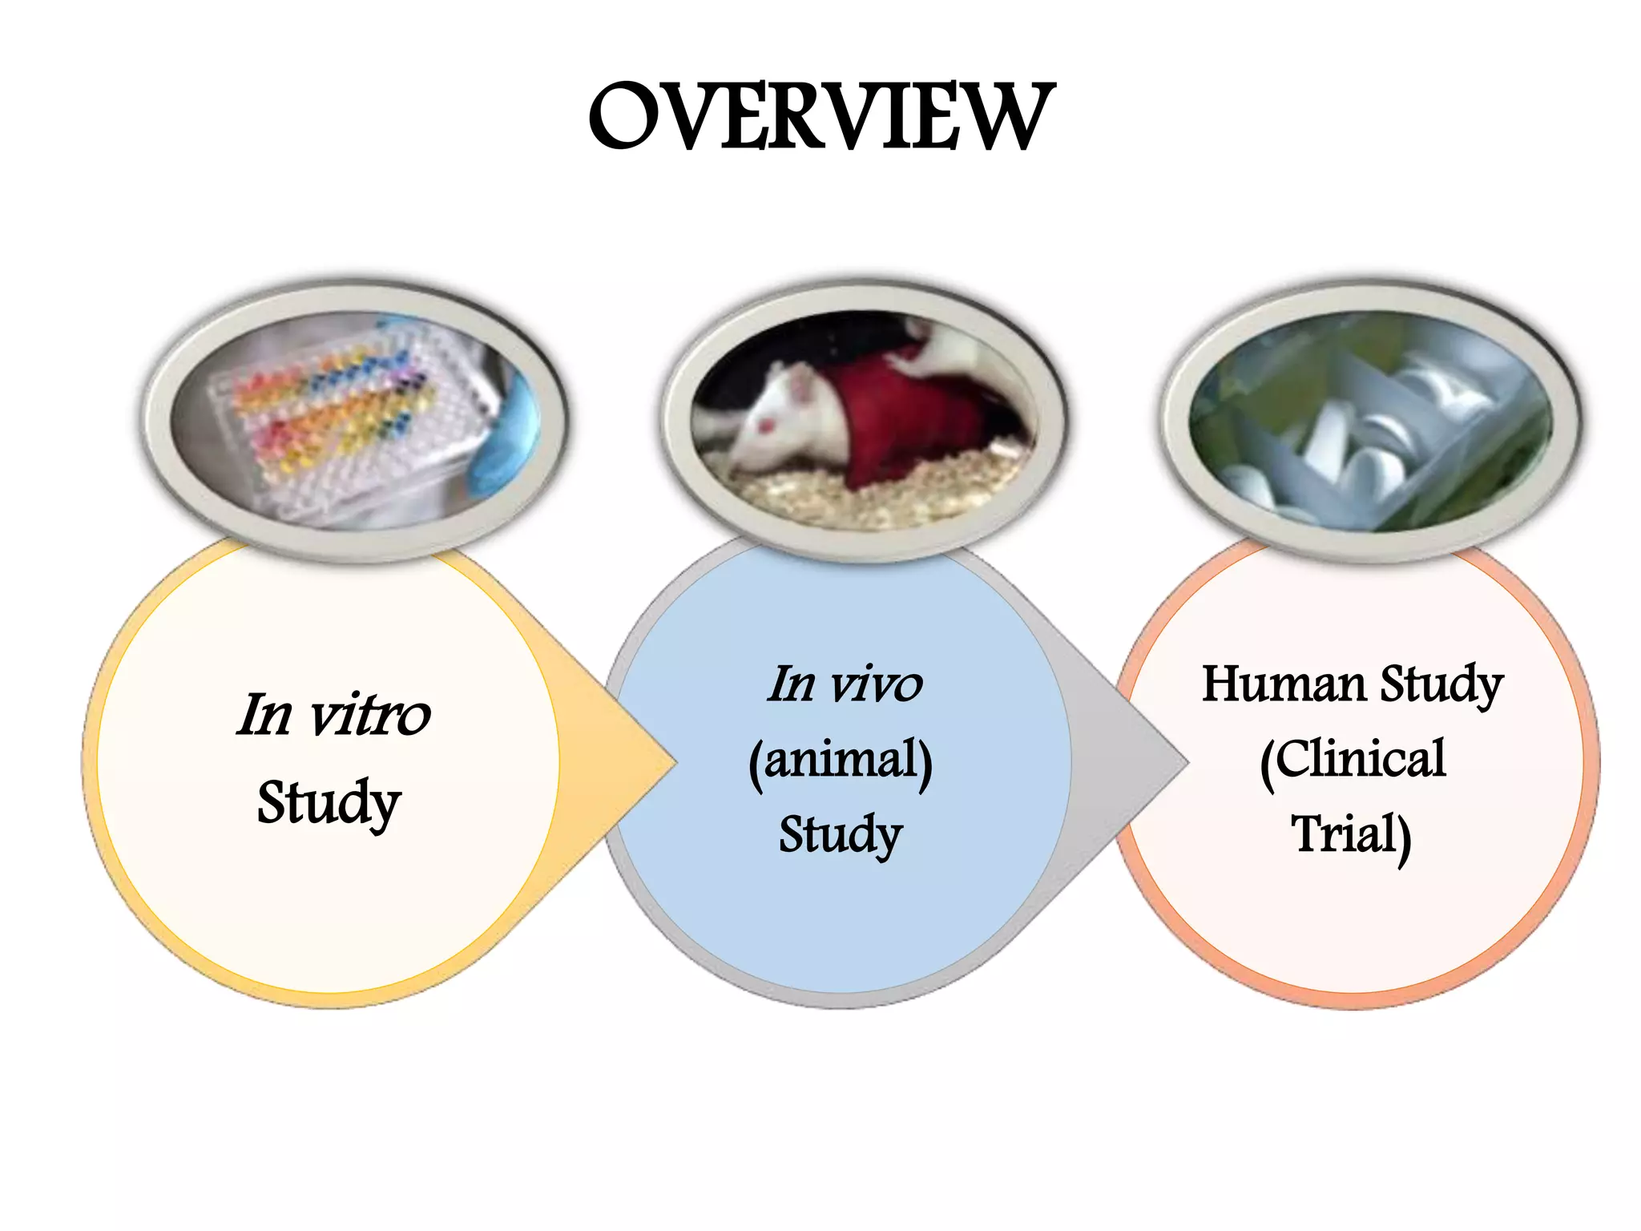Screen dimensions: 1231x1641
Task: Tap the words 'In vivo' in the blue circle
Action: (845, 685)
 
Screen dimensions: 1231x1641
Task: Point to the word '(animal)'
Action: (841, 760)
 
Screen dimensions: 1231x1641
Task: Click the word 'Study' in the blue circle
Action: (841, 834)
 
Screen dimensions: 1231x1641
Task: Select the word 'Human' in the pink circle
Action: (1282, 685)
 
